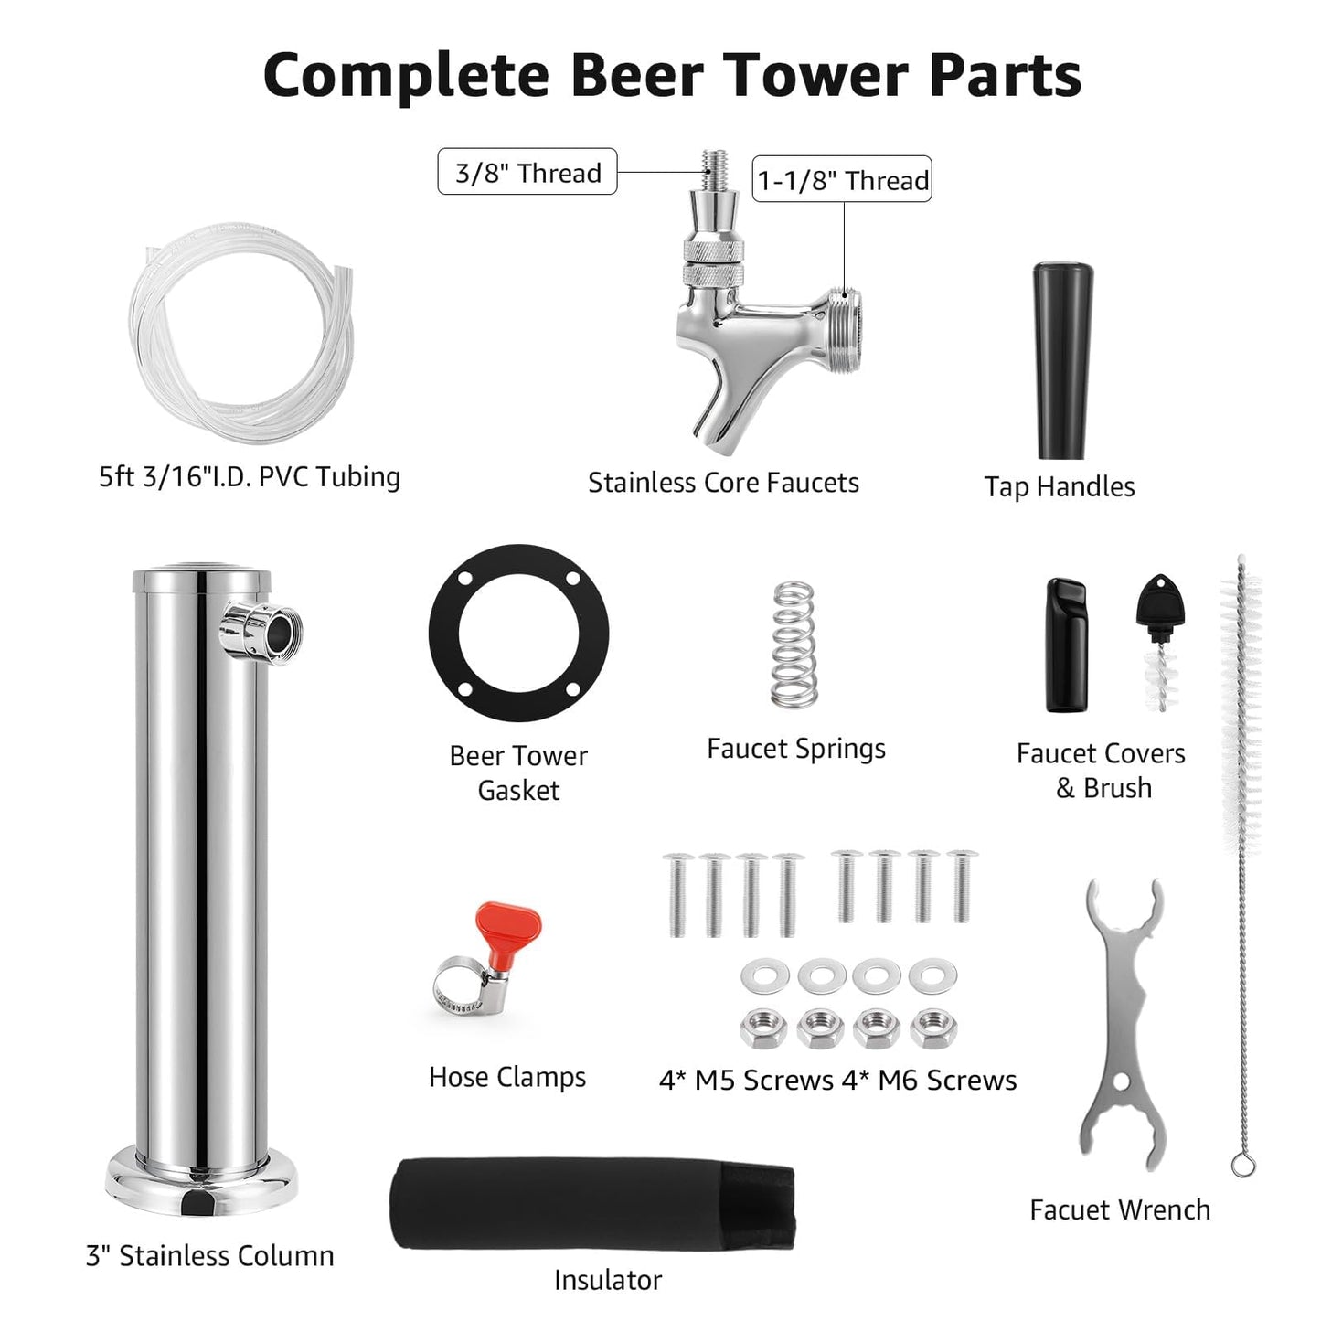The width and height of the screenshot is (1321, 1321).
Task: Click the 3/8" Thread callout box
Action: pyautogui.click(x=527, y=172)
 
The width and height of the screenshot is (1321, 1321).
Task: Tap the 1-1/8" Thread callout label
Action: pyautogui.click(x=842, y=179)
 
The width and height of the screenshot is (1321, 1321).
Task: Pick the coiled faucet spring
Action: pyautogui.click(x=794, y=644)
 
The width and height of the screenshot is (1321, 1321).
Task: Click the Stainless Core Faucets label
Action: pyautogui.click(x=723, y=483)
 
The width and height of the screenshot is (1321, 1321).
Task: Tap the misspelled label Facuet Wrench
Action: pyautogui.click(x=1120, y=1209)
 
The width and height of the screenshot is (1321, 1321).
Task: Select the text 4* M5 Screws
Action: pyautogui.click(x=746, y=1081)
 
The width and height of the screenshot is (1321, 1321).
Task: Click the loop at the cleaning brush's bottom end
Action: pyautogui.click(x=1242, y=1165)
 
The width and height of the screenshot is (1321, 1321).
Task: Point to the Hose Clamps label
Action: pyautogui.click(x=507, y=1077)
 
